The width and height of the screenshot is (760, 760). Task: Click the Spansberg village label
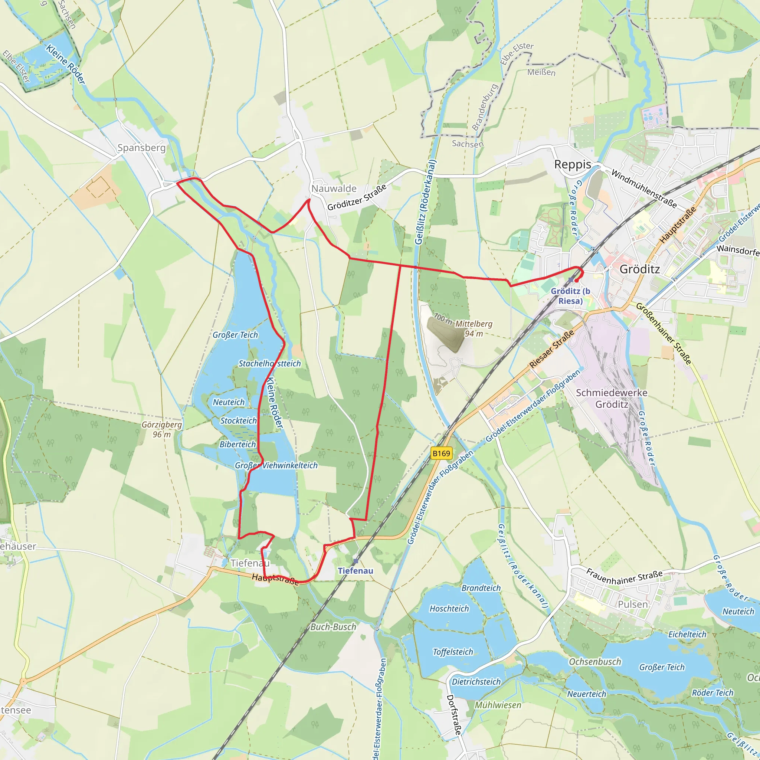pyautogui.click(x=142, y=148)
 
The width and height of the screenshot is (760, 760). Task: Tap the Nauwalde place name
pyautogui.click(x=334, y=189)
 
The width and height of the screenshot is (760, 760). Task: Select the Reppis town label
pyautogui.click(x=572, y=164)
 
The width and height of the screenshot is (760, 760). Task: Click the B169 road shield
pyautogui.click(x=441, y=453)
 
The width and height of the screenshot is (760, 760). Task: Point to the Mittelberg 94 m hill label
pyautogui.click(x=474, y=328)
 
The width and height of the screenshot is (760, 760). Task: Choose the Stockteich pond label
pyautogui.click(x=238, y=420)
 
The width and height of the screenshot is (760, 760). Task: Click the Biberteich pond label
pyautogui.click(x=237, y=444)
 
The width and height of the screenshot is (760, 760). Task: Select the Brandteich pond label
pyautogui.click(x=481, y=588)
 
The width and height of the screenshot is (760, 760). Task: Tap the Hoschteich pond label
pyautogui.click(x=449, y=609)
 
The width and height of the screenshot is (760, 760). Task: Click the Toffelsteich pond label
pyautogui.click(x=453, y=652)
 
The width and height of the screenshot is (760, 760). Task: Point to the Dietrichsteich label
pyautogui.click(x=476, y=682)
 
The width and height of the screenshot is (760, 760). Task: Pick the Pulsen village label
pyautogui.click(x=633, y=604)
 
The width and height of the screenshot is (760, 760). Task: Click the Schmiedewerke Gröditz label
pyautogui.click(x=612, y=399)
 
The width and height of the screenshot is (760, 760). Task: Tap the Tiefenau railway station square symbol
pyautogui.click(x=356, y=561)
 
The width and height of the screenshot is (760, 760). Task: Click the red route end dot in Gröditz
pyautogui.click(x=576, y=281)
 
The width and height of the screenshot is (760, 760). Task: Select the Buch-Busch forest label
pyautogui.click(x=333, y=627)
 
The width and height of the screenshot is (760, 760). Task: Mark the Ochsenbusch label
pyautogui.click(x=595, y=662)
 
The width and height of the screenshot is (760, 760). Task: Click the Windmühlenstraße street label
pyautogui.click(x=644, y=189)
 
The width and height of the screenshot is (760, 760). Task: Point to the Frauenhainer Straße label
pyautogui.click(x=624, y=577)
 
